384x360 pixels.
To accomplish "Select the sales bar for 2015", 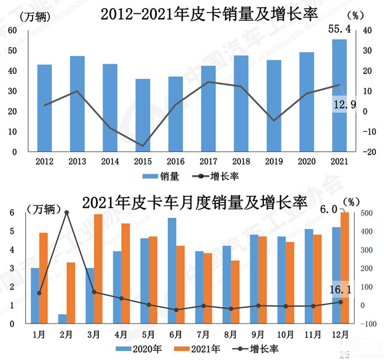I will pos(142,115).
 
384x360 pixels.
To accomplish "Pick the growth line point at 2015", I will pos(143,146).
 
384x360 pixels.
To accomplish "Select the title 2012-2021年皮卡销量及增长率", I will pos(209,15).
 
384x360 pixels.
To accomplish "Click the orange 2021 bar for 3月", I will pos(98,269).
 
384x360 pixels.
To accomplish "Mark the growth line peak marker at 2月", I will pos(66,212).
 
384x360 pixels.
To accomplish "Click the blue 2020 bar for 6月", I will pos(172,271).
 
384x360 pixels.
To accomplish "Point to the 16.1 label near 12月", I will pos(340,290).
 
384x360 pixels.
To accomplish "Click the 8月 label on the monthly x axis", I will pos(230,335).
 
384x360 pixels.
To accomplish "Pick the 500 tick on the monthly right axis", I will pos(365,213).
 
